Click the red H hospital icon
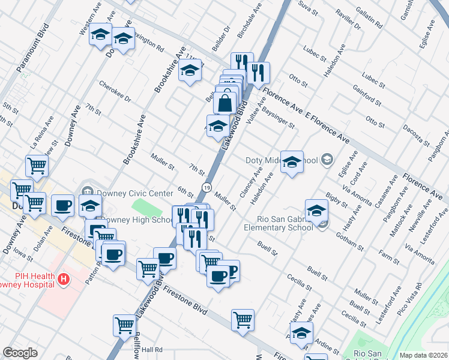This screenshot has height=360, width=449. coord(63,279)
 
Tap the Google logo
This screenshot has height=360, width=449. coord(20,353)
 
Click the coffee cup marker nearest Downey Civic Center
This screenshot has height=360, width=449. coord(62,206)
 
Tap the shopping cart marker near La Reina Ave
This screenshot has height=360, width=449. coord(37,166)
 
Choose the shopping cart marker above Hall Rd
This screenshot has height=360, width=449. coord(124,325)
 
